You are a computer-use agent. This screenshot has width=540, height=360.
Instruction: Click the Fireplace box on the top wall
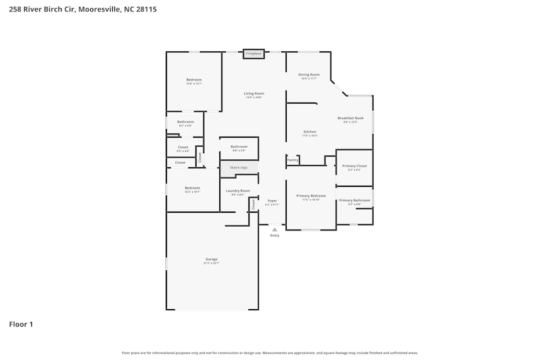pos(253,53)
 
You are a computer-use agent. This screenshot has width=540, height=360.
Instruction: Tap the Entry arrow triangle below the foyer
pos(274,229)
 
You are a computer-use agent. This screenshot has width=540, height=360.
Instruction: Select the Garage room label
pos(211,259)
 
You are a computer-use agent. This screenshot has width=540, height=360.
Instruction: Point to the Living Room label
pos(254,93)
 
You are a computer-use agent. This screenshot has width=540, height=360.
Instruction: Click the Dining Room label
pos(309,74)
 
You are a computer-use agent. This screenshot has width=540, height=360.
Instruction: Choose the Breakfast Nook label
pos(350,118)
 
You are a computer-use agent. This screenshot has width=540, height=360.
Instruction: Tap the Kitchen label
pos(309,132)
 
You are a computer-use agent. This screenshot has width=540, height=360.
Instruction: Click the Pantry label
pos(293,160)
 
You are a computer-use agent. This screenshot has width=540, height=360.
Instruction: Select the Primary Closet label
pos(354,166)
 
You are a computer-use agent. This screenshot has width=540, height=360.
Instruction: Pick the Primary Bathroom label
pos(354,200)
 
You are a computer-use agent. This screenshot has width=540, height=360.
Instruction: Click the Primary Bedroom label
pos(311,195)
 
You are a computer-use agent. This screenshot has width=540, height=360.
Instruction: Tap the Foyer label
pos(272,201)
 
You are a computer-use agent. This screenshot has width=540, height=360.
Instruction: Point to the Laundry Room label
pos(238,191)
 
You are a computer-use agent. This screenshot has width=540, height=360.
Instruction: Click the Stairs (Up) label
pos(239,168)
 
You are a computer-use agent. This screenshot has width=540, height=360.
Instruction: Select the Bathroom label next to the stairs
pos(239,146)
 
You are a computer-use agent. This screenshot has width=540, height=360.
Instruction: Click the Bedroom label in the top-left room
pos(194,79)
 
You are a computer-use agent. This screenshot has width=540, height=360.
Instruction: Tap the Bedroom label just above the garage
pos(192,188)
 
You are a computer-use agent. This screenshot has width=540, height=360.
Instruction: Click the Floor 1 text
pos(21,324)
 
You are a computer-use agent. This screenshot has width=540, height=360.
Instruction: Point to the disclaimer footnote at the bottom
pos(270,353)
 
